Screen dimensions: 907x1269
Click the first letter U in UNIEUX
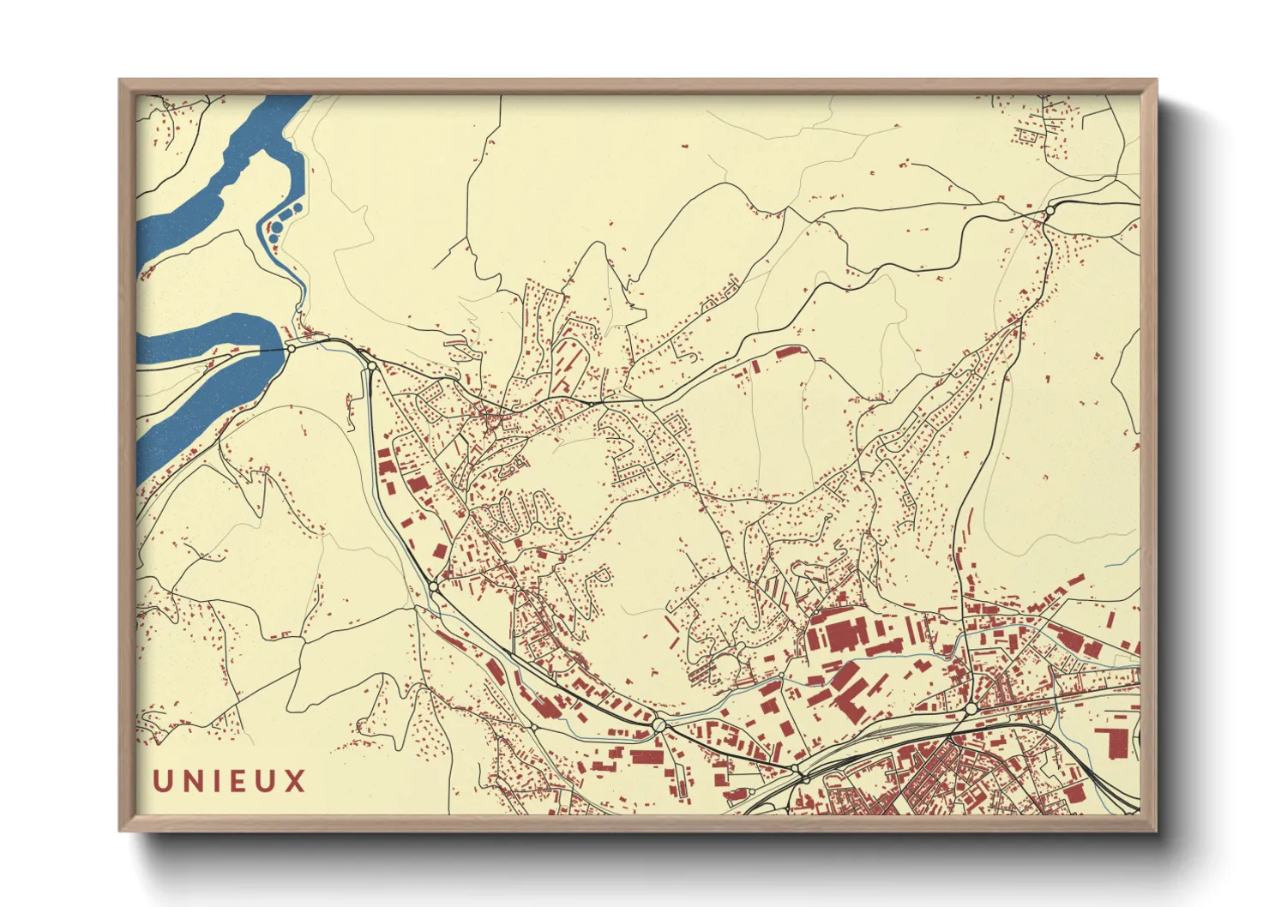click(x=163, y=781)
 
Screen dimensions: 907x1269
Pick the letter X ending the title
click(x=296, y=781)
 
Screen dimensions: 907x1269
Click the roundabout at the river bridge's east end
click(x=291, y=348)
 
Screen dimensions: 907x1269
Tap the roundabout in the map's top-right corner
click(x=1049, y=210)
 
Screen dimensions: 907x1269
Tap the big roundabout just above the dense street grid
click(x=970, y=709)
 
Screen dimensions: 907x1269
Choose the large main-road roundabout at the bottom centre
click(x=659, y=725)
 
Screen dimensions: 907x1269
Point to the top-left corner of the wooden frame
click(x=120, y=81)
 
